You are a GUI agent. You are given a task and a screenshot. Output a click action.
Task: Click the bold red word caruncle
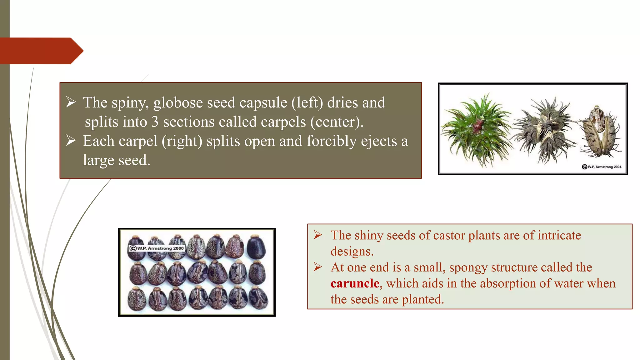point(355,283)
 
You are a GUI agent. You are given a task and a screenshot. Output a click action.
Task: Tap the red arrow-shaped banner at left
point(41,51)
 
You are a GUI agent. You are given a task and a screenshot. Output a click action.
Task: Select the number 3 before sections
point(155,122)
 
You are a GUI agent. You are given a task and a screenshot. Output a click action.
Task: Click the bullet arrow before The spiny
point(71,102)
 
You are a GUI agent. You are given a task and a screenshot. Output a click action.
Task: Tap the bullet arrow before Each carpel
point(71,141)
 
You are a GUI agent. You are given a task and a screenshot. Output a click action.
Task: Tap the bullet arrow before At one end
point(318,267)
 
